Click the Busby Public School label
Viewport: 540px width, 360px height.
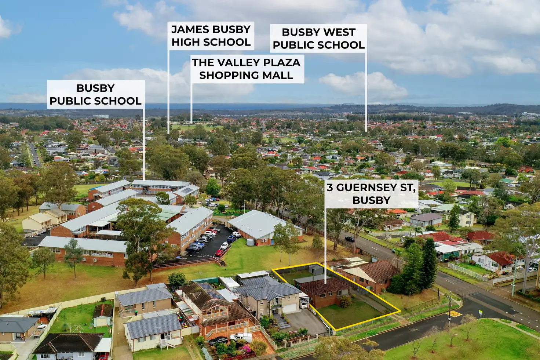pyautogui.click(x=96, y=94)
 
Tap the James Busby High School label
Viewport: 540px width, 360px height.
pyautogui.click(x=211, y=36)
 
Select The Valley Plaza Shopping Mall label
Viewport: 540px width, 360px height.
pyautogui.click(x=246, y=69)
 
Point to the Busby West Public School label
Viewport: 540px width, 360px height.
pyautogui.click(x=318, y=38)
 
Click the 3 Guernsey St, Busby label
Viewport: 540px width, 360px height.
pyautogui.click(x=371, y=193)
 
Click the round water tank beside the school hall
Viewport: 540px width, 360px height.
pyautogui.click(x=250, y=242)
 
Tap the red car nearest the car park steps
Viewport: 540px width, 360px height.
pyautogui.click(x=219, y=253)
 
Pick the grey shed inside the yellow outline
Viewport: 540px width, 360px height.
pyautogui.click(x=315, y=270)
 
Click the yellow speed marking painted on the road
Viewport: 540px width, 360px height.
pyautogui.click(x=455, y=314)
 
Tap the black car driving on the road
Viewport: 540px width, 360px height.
pyautogui.click(x=349, y=239)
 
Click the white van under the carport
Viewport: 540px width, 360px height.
pyautogui.click(x=303, y=304)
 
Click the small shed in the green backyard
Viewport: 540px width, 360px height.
pyautogui.click(x=102, y=316)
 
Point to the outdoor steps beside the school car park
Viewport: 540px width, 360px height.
pyautogui.click(x=222, y=262)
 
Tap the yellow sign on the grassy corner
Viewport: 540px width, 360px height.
pyautogui.click(x=480, y=312)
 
